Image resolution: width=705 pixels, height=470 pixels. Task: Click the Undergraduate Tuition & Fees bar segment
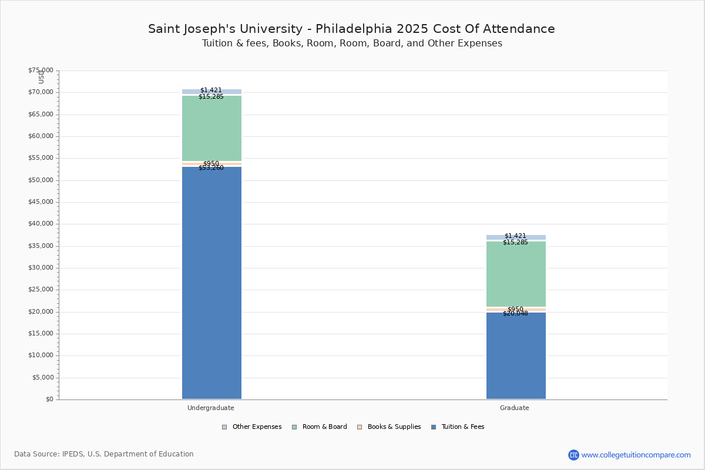[211, 282]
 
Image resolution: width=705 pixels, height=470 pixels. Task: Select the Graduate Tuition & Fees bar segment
[516, 355]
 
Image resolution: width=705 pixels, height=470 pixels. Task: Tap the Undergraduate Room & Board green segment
[211, 128]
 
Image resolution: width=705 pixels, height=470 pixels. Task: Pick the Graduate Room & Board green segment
[516, 274]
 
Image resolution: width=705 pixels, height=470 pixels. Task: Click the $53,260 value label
[211, 168]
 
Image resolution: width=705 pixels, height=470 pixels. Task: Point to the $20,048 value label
[515, 314]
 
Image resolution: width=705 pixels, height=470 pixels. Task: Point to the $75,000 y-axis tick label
[41, 70]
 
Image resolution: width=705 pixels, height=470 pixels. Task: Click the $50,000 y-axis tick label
[41, 180]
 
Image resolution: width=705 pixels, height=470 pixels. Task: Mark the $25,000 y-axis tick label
[41, 290]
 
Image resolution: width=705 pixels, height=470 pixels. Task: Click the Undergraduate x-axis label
[211, 408]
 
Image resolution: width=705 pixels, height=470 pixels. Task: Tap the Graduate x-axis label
[515, 408]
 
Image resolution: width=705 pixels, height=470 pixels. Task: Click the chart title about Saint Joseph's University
[351, 29]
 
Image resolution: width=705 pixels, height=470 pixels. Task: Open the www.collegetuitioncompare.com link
[636, 455]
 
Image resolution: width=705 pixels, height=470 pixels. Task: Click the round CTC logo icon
[573, 455]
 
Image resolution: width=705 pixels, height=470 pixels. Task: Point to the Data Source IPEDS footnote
[104, 454]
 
